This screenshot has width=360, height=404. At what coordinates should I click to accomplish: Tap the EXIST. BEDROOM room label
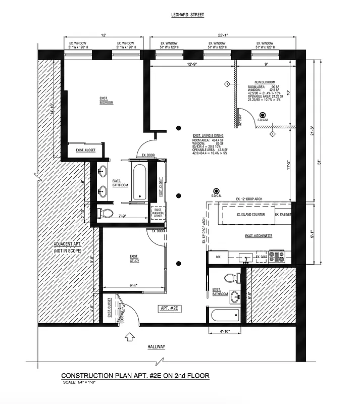[106, 102]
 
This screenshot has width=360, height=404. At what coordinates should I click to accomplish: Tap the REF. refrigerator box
[218, 257]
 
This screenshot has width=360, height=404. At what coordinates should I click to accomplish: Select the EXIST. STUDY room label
[134, 259]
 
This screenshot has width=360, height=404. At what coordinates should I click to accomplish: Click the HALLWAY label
[156, 347]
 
